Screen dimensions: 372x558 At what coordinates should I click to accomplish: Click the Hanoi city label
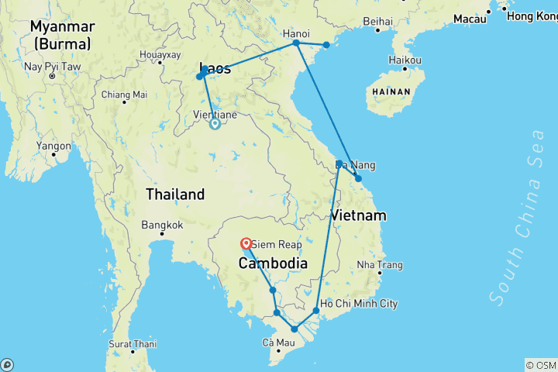point(296,33)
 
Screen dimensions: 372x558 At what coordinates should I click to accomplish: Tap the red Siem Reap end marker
point(246,241)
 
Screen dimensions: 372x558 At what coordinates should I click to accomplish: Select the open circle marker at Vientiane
point(215,122)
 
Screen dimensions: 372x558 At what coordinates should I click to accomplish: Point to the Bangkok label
point(162,226)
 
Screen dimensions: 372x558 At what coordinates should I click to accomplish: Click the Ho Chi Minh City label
point(359,304)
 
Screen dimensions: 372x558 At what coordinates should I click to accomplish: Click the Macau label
point(470,18)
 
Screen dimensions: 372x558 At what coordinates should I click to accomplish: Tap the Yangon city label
point(53,145)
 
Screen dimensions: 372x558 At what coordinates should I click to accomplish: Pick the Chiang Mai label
point(124,95)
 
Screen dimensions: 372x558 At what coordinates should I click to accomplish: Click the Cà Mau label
point(279,343)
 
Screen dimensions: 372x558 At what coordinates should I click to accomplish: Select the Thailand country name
point(175,195)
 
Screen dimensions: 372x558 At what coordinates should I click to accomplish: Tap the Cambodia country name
point(272,263)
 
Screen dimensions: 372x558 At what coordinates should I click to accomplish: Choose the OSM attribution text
point(541,365)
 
